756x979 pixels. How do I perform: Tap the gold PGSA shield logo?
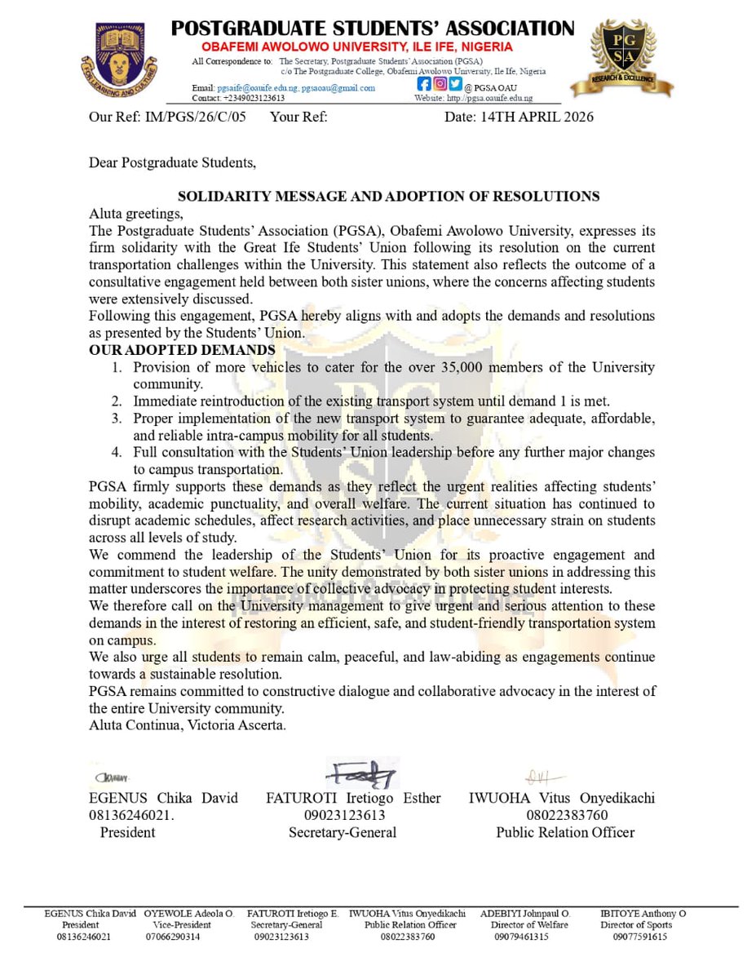621,58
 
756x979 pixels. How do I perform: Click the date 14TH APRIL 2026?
519,117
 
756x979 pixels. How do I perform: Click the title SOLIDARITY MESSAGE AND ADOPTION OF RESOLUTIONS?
389,197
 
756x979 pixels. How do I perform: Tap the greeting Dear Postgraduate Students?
172,162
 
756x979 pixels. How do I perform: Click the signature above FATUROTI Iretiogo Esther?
361,772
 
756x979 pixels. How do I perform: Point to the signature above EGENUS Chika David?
114,778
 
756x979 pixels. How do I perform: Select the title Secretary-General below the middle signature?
343,832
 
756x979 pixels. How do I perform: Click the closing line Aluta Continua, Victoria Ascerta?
188,725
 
